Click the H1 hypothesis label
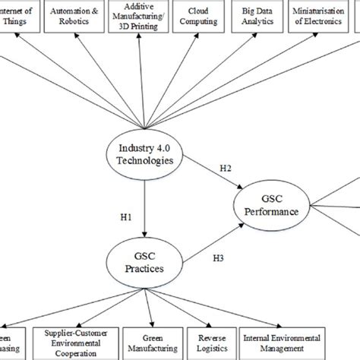pos(127,216)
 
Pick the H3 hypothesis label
pos(218,258)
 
